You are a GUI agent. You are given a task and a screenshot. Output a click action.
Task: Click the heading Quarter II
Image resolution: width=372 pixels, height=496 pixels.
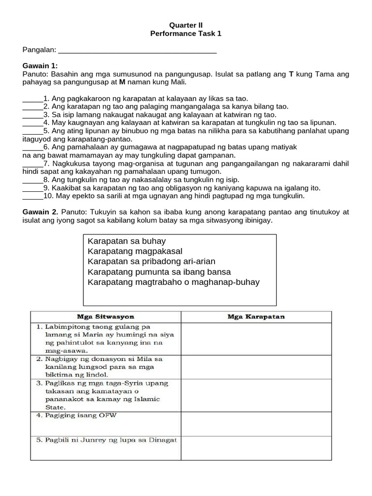(186, 25)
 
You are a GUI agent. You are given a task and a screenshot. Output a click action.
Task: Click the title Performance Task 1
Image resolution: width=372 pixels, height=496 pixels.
(186, 34)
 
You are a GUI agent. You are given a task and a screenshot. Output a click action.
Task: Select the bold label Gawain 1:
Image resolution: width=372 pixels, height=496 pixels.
(40, 66)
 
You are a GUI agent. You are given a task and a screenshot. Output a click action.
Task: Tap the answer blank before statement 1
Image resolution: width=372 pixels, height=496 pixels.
(32, 99)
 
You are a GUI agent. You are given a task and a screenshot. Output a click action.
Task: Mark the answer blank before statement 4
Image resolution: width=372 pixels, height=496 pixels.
(32, 123)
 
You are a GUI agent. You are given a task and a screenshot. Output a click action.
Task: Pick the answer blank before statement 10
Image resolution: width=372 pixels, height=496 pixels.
(32, 196)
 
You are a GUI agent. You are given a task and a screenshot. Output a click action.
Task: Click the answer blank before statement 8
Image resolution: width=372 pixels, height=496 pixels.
(32, 180)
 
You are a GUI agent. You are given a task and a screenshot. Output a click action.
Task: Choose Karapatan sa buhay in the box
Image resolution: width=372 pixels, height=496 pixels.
(127, 241)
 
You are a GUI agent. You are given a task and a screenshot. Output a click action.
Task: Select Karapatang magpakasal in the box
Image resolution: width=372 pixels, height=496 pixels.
(135, 251)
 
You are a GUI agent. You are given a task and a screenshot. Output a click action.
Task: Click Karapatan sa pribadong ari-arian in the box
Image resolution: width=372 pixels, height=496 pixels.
(152, 262)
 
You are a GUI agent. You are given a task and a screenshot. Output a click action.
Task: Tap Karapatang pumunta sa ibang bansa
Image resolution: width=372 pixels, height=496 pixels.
(159, 272)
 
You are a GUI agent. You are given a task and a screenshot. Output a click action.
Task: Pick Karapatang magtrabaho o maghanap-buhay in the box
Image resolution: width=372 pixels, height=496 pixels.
(174, 282)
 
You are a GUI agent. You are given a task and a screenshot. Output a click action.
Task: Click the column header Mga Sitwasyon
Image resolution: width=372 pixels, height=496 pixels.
(106, 317)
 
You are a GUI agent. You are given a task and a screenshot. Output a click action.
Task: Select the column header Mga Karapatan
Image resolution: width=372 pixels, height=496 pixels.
(256, 317)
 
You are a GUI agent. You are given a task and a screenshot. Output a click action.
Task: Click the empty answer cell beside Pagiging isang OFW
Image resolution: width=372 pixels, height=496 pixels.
(256, 424)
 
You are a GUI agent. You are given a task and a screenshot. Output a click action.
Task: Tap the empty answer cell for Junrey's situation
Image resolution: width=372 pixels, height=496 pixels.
(256, 448)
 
